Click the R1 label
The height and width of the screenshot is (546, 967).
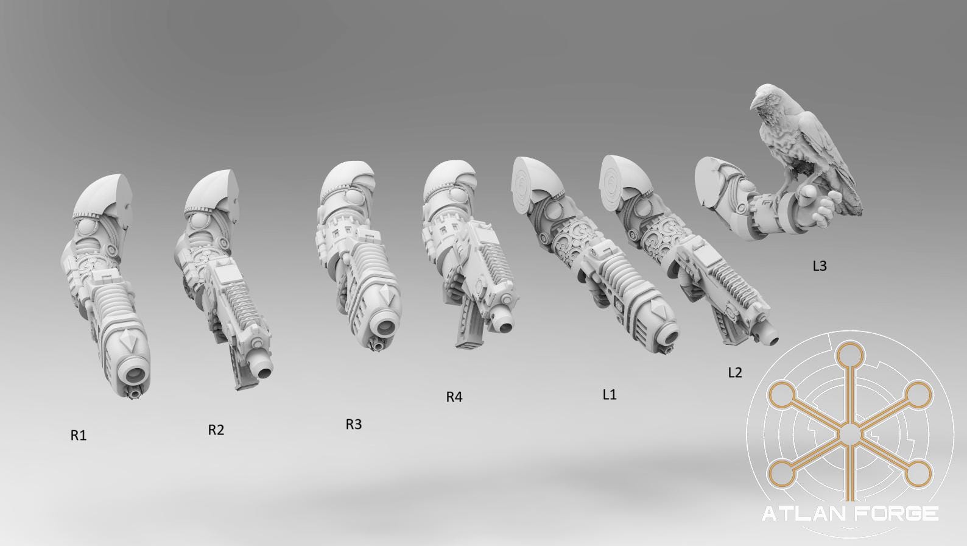coord(79,436)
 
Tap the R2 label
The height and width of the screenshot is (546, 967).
coord(216,430)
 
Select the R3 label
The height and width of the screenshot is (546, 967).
coord(354,425)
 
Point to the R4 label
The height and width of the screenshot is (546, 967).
coord(454,397)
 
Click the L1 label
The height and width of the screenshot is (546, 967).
coord(610,394)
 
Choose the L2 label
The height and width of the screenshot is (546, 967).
coord(735,372)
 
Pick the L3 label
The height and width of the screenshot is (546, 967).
coord(820,266)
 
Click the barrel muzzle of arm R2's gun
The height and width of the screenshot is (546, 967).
coord(265,369)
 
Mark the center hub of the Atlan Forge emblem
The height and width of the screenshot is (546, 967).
coord(849,434)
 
